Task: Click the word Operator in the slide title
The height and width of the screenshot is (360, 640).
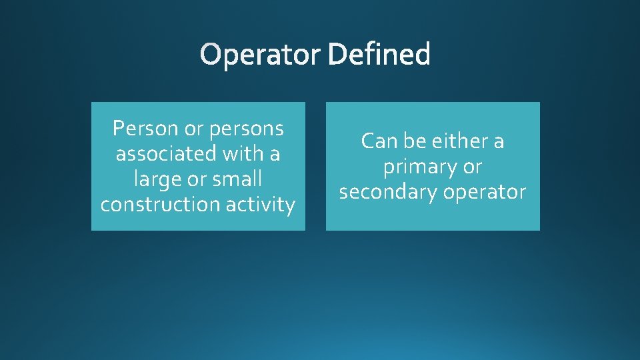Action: pyautogui.click(x=261, y=55)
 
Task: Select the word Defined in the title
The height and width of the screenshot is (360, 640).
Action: pyautogui.click(x=379, y=55)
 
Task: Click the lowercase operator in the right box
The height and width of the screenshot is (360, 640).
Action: pyautogui.click(x=485, y=192)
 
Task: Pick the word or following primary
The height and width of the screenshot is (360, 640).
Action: pyautogui.click(x=471, y=167)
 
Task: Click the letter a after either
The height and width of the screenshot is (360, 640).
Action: pyautogui.click(x=498, y=141)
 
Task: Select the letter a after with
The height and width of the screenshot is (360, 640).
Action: pyautogui.click(x=274, y=154)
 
